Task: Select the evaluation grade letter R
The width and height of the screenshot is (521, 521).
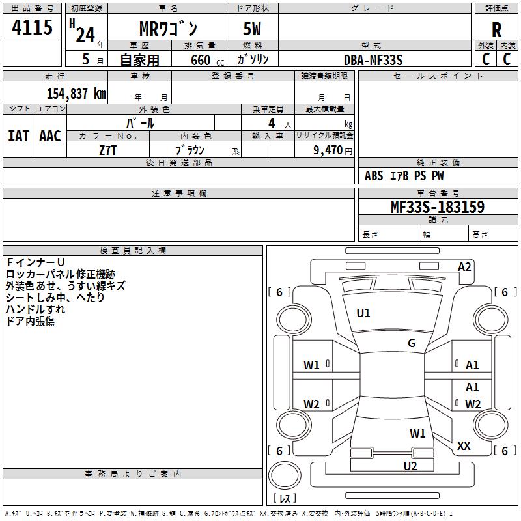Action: point(497,30)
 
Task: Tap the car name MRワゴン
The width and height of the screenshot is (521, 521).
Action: point(169,29)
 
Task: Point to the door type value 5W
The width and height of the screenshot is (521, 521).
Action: point(253,30)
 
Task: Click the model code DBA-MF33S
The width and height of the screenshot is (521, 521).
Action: point(373,60)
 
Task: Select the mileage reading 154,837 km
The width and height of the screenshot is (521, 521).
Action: point(76,93)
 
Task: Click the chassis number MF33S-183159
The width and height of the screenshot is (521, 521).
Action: point(438,208)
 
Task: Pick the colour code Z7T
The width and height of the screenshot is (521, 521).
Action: point(108,150)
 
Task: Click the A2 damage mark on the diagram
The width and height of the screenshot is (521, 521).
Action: point(464,266)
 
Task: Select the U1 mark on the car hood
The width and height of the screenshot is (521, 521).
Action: point(363,313)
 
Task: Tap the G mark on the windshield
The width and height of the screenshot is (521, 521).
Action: point(412,343)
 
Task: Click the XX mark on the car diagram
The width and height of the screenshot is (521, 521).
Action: point(464,446)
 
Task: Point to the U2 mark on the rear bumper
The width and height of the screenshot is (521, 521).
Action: point(410,465)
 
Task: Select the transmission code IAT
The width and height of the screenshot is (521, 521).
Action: point(18,136)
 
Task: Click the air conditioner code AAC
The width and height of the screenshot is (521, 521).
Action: point(50,136)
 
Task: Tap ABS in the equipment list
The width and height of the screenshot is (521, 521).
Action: point(374,176)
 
